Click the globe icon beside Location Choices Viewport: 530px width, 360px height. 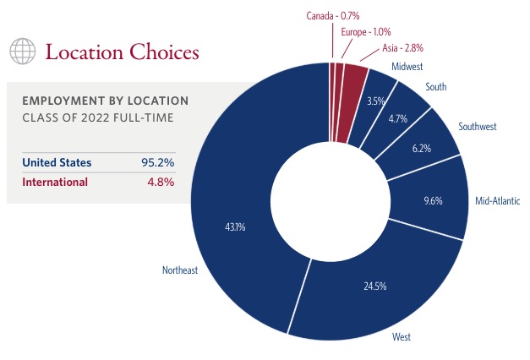(x=23, y=52)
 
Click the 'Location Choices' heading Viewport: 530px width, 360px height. (x=122, y=52)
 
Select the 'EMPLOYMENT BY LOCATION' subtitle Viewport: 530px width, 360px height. (x=105, y=101)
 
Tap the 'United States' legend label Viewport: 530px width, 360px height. (x=57, y=162)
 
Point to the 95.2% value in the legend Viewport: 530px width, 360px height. (x=158, y=162)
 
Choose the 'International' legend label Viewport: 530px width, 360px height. (x=54, y=182)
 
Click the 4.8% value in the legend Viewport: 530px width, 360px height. (x=160, y=182)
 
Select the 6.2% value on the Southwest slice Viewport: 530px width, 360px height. (x=420, y=149)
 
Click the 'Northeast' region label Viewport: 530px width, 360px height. (x=180, y=270)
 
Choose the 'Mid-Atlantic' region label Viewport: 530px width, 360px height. (x=497, y=201)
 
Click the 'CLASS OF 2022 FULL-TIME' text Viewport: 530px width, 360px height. (x=98, y=117)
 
